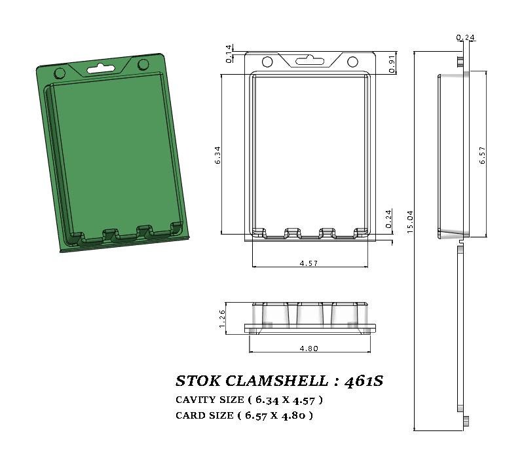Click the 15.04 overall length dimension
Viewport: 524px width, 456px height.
pos(410,222)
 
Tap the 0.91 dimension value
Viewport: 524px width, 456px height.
pos(391,64)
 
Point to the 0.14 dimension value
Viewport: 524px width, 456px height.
pos(229,54)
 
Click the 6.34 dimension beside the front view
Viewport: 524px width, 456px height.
pos(217,155)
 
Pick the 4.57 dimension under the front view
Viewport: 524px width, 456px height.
pos(309,263)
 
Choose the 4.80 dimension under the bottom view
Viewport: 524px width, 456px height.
pos(309,349)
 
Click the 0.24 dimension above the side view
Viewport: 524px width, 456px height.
pos(465,37)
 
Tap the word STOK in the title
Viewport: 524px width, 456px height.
pos(197,381)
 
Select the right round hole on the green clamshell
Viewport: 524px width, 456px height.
pos(143,64)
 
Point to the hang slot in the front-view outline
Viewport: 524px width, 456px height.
pos(310,61)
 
